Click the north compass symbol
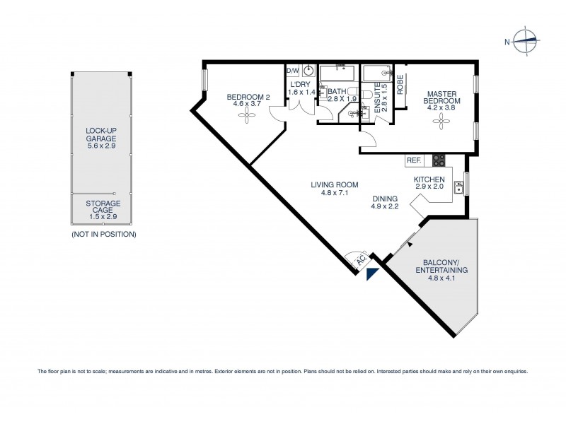[526, 42]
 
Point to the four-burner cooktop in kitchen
[439, 160]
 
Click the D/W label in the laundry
[292, 71]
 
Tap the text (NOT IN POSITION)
[103, 234]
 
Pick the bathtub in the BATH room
[338, 73]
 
